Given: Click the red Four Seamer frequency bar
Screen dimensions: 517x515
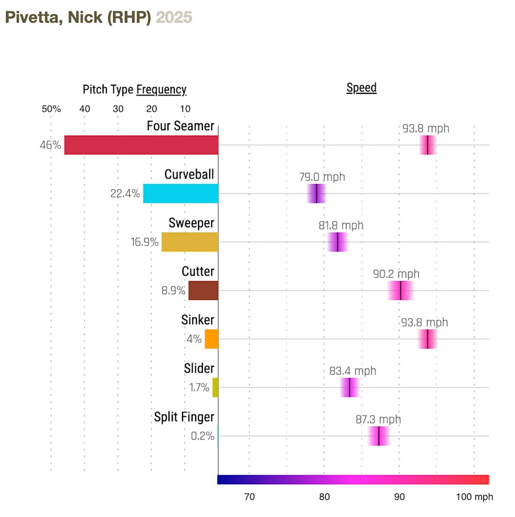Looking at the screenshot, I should [141, 145].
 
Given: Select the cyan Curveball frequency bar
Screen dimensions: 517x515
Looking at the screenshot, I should [181, 194].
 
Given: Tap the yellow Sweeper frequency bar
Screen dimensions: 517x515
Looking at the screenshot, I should [190, 242].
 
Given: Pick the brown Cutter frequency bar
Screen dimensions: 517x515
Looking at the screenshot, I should [203, 291].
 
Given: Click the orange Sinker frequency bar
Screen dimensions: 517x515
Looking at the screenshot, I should [212, 339].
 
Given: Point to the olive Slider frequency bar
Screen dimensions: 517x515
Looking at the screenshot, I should [216, 387].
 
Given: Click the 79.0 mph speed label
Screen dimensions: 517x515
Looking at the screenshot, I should [322, 177].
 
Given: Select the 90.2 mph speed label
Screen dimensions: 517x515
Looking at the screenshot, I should [396, 274].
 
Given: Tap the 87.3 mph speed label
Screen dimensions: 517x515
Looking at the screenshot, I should [378, 419].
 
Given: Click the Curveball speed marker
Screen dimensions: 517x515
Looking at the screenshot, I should [317, 194].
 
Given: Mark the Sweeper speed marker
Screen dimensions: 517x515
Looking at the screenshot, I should [337, 242].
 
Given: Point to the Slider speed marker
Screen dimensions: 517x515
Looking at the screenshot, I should [349, 387].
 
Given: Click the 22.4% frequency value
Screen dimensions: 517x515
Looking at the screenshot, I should [125, 194].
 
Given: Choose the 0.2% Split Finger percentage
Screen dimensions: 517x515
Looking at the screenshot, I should [202, 436].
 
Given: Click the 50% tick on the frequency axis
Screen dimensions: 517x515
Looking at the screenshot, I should [51, 109].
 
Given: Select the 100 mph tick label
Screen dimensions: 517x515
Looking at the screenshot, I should [474, 497].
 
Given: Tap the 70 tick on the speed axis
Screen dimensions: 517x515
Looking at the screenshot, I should [249, 497].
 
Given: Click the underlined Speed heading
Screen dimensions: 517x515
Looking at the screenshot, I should [362, 87].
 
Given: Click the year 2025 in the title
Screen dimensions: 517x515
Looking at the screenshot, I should [174, 17].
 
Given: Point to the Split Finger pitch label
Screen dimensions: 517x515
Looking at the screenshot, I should [184, 417].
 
